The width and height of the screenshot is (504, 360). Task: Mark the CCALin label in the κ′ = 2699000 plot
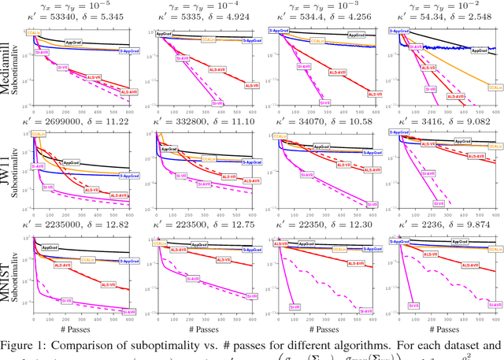[42, 135]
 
